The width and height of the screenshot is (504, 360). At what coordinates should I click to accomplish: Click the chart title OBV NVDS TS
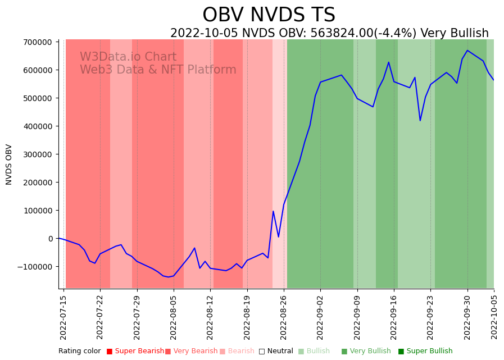pyautogui.click(x=269, y=15)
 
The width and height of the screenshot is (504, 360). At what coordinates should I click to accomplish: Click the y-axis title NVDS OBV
pyautogui.click(x=9, y=165)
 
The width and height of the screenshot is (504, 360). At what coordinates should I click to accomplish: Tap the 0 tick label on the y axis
pyautogui.click(x=51, y=239)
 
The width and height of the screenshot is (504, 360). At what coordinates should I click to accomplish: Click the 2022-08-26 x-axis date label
pyautogui.click(x=284, y=317)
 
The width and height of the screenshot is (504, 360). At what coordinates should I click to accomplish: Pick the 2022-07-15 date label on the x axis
pyautogui.click(x=63, y=317)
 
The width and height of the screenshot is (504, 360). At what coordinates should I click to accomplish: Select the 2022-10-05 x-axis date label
pyautogui.click(x=494, y=317)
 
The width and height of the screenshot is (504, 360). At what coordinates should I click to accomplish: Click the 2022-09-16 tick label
pyautogui.click(x=394, y=317)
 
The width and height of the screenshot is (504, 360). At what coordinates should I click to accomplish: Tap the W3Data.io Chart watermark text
pyautogui.click(x=128, y=57)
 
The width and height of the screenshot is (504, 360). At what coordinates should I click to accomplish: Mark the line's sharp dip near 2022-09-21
pyautogui.click(x=420, y=120)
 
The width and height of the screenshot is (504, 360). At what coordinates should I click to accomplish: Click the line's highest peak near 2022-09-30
pyautogui.click(x=467, y=51)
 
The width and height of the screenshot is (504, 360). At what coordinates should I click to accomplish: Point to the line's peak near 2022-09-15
pyautogui.click(x=389, y=62)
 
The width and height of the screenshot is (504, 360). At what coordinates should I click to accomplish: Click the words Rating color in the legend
pyautogui.click(x=79, y=351)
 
